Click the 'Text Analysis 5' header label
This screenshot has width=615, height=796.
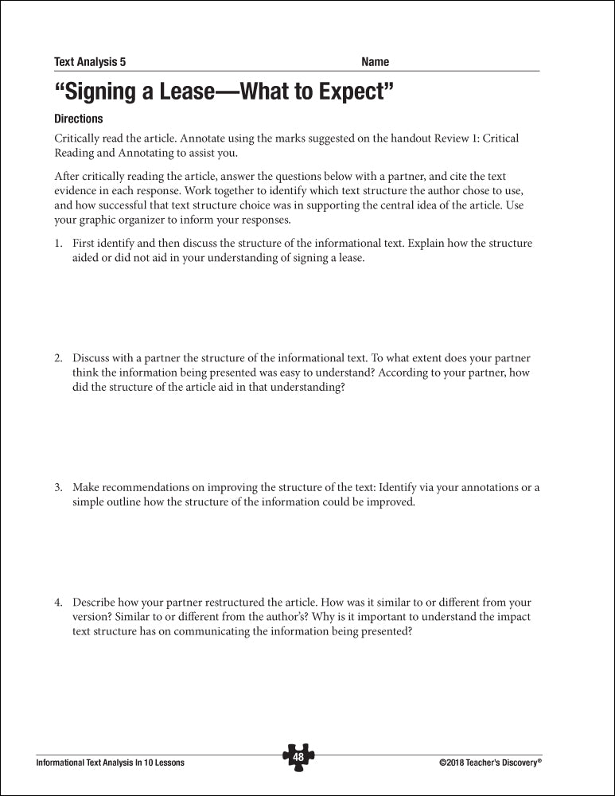[x=90, y=62]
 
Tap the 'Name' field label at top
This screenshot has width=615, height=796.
[x=375, y=62]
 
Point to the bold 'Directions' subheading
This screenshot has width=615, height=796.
[x=79, y=119]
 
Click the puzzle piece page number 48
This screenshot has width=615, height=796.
[x=298, y=757]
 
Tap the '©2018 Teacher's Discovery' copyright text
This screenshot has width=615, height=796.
[x=490, y=763]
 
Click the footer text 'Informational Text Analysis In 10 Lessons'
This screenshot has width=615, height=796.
[x=111, y=763]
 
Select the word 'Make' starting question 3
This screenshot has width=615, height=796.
[x=86, y=487]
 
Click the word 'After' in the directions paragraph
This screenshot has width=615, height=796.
[x=68, y=176]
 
